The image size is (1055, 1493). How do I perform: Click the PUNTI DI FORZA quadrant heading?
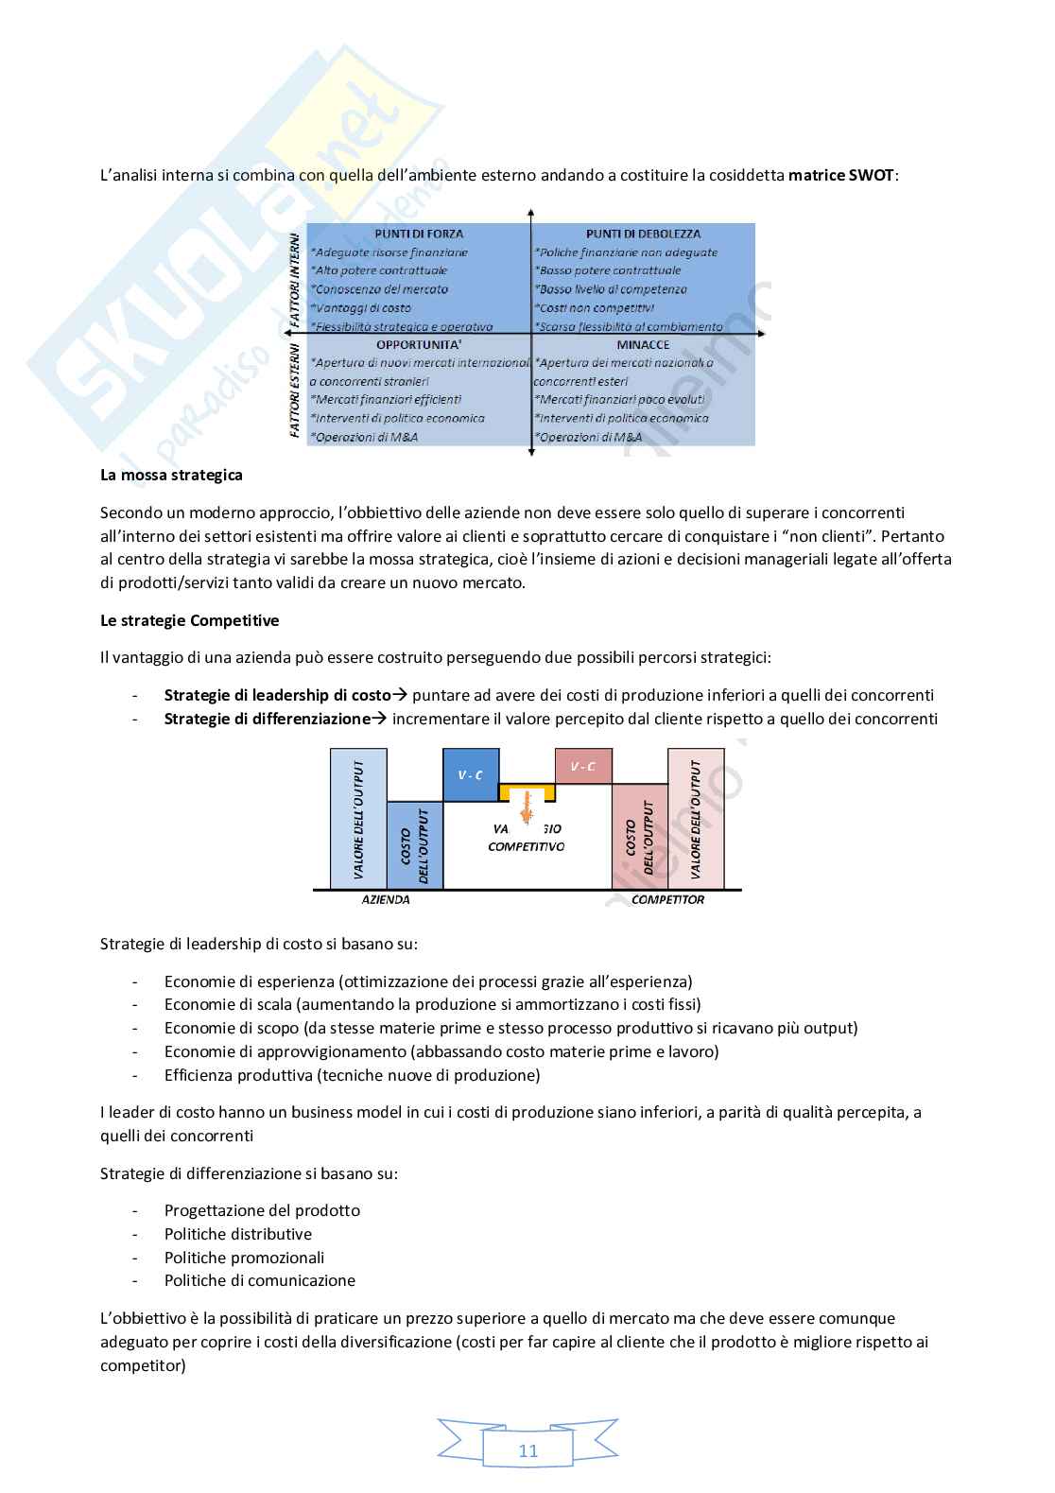pos(419,234)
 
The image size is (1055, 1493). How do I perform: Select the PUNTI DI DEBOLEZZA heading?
pos(643,234)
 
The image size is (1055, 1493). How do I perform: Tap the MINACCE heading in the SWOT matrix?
pos(643,345)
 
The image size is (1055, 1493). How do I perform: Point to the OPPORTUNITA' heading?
pos(419,345)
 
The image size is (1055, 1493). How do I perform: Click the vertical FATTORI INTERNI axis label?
pos(294,281)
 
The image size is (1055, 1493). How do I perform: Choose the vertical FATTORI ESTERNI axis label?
pos(294,392)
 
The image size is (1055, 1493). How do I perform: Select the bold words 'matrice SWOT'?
pos(840,176)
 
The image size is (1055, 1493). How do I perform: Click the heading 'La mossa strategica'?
pos(171,475)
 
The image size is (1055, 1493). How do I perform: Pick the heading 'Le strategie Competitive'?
pos(189,621)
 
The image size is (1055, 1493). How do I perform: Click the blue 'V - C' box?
pos(471,775)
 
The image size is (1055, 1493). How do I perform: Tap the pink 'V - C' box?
pos(583,766)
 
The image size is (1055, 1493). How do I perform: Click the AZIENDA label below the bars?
pos(386,899)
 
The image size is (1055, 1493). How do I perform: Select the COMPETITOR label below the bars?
pos(667,899)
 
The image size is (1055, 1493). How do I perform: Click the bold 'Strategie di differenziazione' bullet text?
pos(267,719)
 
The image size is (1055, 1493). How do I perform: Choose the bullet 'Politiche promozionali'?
pos(244,1258)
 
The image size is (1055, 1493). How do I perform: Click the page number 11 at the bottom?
pos(527,1451)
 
